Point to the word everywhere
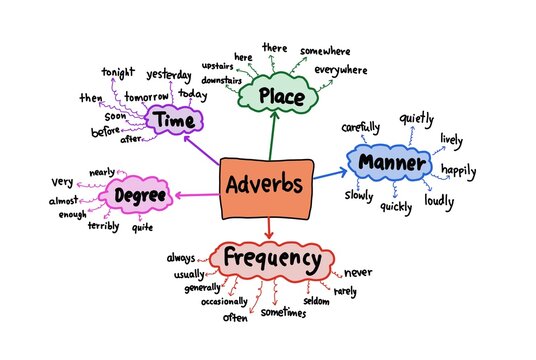click(x=340, y=71)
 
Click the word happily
click(x=460, y=171)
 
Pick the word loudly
click(x=439, y=200)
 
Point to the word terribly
click(x=103, y=227)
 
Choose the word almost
click(x=63, y=201)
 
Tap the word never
click(x=359, y=271)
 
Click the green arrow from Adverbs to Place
click(x=272, y=135)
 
